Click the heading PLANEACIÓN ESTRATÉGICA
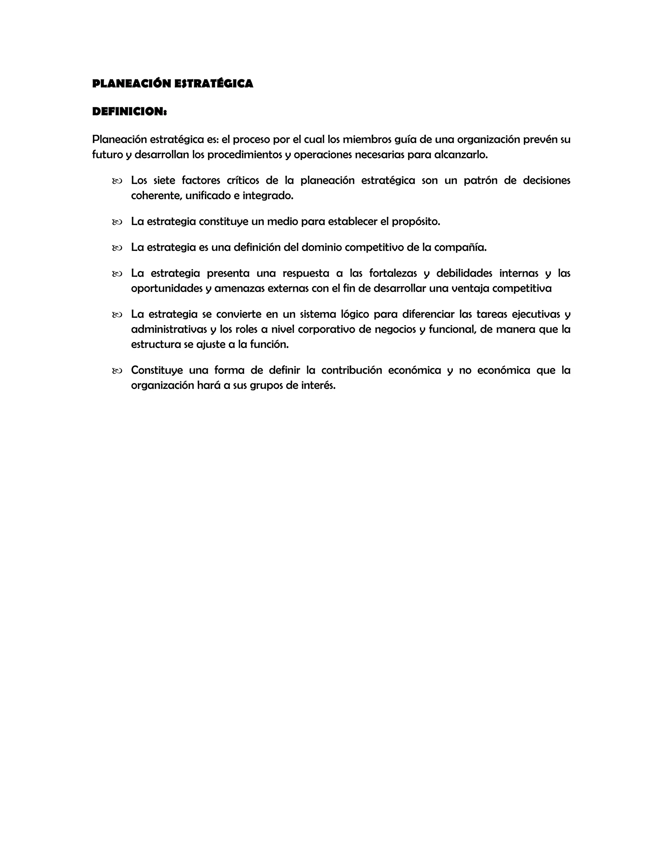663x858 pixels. point(173,84)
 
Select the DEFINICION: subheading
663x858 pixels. point(129,112)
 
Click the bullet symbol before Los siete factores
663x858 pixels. point(117,181)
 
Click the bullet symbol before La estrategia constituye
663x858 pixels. point(117,222)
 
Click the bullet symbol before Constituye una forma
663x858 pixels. point(117,371)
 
